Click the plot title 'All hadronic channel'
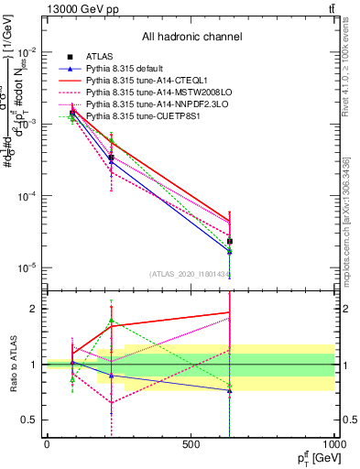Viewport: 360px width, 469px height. (191, 37)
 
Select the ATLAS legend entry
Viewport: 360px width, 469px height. (101, 57)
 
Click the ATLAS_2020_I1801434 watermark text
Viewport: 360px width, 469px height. (191, 274)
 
